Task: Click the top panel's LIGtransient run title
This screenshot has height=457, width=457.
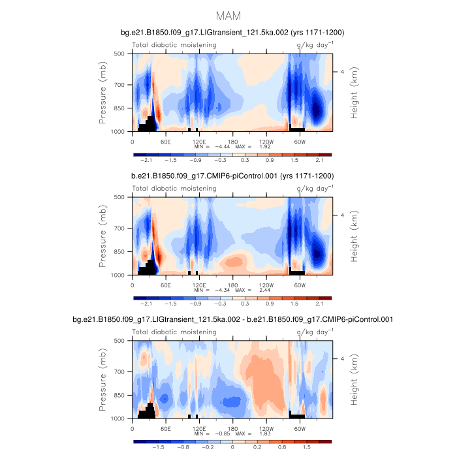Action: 232,32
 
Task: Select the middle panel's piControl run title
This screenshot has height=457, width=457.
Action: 232,176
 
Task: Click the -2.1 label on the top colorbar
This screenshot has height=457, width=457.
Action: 148,159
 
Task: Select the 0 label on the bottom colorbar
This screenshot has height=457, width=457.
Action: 232,449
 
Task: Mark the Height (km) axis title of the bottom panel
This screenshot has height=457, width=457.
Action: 355,379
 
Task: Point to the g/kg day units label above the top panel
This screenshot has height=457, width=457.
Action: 314,44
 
